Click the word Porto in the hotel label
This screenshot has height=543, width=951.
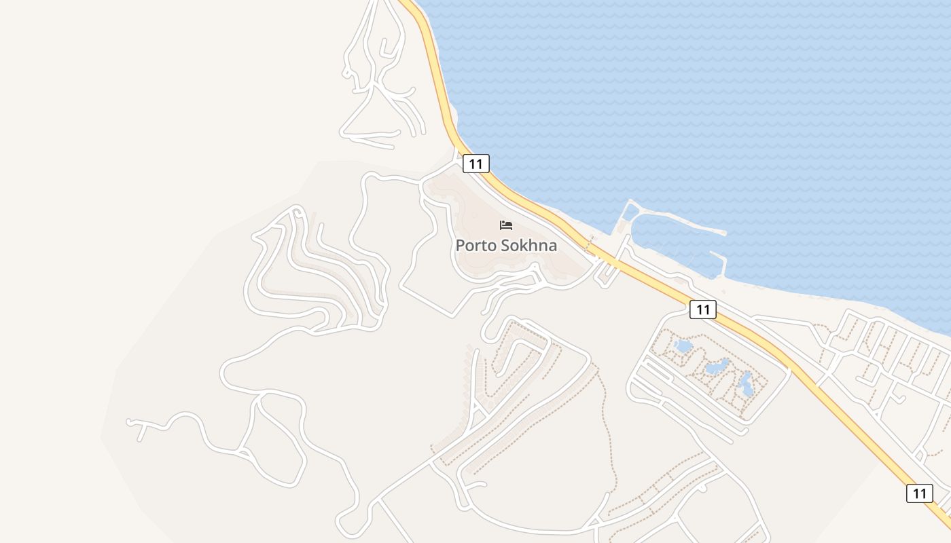click(473, 246)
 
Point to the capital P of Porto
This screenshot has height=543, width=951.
click(461, 246)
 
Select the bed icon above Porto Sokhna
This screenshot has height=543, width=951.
click(506, 225)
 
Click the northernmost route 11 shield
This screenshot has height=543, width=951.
click(475, 164)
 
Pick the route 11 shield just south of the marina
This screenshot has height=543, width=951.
click(702, 310)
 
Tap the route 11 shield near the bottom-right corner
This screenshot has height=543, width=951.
click(919, 493)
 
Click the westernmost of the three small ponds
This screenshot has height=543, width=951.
click(683, 347)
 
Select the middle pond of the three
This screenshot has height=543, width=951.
click(717, 367)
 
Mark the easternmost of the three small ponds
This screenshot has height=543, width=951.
click(745, 385)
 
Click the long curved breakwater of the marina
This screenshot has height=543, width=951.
click(679, 218)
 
